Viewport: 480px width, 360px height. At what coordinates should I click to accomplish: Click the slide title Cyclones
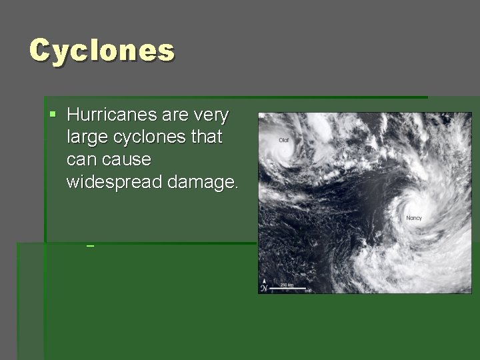tap(102, 51)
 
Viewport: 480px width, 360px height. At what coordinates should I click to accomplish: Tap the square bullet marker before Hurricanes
tap(53, 115)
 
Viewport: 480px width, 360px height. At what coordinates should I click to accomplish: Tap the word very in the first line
tap(211, 115)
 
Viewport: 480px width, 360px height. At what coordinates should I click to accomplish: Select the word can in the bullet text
tap(81, 160)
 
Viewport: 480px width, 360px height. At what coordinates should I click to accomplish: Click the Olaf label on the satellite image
tap(284, 140)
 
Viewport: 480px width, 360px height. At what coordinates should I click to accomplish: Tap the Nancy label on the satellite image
tap(414, 218)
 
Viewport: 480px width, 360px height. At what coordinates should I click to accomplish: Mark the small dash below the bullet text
tap(90, 247)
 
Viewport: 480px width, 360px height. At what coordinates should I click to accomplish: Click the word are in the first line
tap(175, 115)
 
